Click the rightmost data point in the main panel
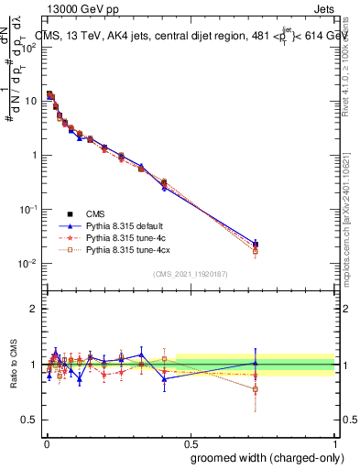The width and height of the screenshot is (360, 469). point(256,245)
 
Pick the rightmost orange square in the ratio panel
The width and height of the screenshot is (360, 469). point(256,389)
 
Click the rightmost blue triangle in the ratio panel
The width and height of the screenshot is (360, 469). point(256,363)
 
